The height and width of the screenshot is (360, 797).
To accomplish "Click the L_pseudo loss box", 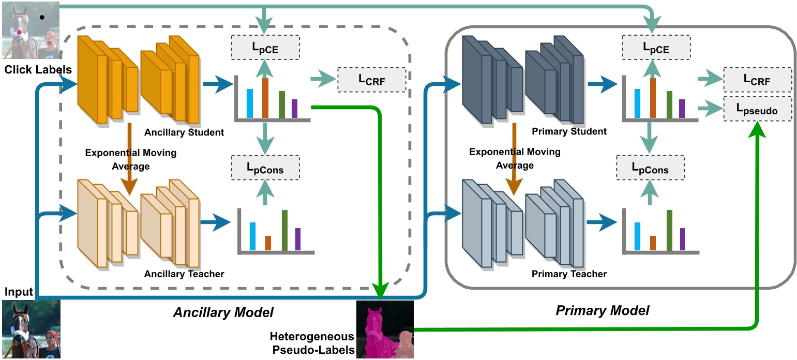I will pos(757,109).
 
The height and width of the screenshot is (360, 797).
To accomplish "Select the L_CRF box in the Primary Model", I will pos(757,80).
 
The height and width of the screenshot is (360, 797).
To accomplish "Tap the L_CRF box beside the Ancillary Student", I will pos(371,80).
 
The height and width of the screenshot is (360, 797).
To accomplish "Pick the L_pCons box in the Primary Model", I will pos(651,168).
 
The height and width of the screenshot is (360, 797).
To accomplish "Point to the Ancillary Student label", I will pos(184,132).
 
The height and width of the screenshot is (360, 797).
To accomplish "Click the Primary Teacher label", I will pos(569,274).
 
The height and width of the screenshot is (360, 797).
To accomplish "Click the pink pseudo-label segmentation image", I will pos(385,329).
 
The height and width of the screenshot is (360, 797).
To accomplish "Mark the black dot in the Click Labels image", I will pos(42,17).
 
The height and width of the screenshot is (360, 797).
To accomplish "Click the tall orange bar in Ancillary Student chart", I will pos(265,98).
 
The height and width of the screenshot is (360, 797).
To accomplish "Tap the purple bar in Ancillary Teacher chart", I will pos(297,239).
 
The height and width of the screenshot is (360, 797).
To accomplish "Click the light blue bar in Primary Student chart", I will pos(637,103).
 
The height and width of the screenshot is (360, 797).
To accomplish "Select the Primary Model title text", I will pos(602,310).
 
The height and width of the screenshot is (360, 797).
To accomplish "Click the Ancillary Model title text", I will pos(223,312).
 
